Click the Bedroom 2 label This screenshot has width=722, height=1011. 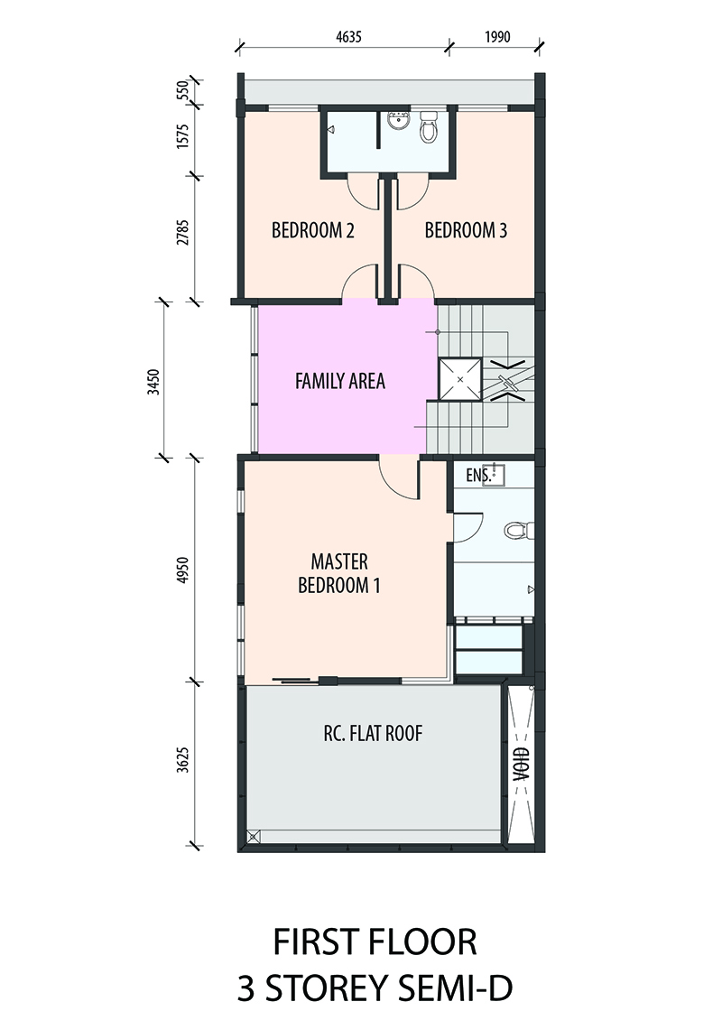coord(312,230)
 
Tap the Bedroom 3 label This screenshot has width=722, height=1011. coord(466,230)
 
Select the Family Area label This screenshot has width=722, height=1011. coord(339,381)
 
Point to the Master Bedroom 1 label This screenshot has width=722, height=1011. coord(339,573)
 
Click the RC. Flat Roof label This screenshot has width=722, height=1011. coord(373,733)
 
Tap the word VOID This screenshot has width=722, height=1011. coord(521,764)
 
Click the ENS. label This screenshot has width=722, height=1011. coord(478,476)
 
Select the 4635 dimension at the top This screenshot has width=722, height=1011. coord(348,37)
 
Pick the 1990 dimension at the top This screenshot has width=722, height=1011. coord(497,37)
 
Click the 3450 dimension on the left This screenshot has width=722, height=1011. coord(153,382)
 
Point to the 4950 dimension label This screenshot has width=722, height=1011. coord(183,570)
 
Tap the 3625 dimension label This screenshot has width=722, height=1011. coord(183,760)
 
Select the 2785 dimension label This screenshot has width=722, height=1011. coord(183,233)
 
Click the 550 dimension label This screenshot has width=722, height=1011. coord(183,89)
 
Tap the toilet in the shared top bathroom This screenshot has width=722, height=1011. coord(429,126)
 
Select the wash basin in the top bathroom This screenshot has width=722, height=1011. coord(397,120)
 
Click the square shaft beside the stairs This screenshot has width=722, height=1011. coord(460,379)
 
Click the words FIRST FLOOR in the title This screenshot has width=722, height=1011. coord(375,942)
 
